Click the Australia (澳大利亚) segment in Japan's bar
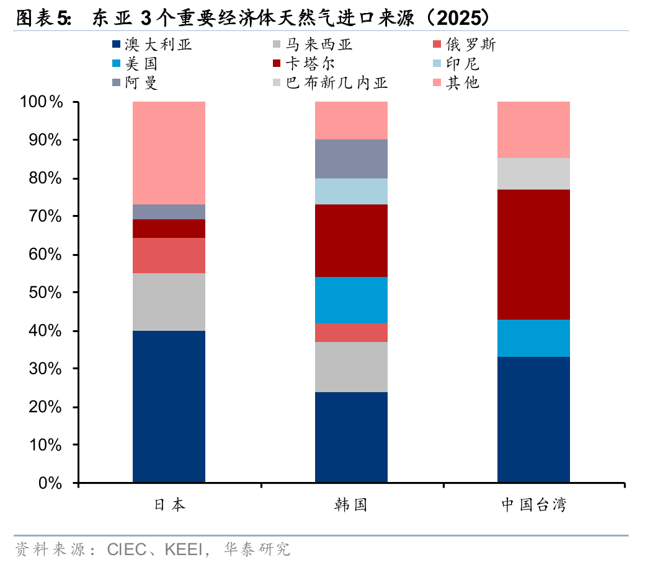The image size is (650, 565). tap(169, 406)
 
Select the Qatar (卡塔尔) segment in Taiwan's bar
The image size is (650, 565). tap(533, 255)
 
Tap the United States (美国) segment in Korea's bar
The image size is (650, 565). tap(351, 300)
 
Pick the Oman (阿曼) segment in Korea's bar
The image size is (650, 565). tap(351, 159)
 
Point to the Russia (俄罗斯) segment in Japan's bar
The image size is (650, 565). tap(169, 255)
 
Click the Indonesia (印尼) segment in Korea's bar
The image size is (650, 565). tap(351, 191)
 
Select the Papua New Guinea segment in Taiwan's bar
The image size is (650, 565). tap(533, 173)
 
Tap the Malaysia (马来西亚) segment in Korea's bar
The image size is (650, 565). tap(351, 367)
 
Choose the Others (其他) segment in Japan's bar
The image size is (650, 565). tap(169, 152)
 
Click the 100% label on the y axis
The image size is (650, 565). tap(42, 102)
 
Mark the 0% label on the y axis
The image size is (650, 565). tap(50, 483)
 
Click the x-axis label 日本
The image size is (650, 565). tap(169, 505)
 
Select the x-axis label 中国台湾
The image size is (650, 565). tap(533, 505)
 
